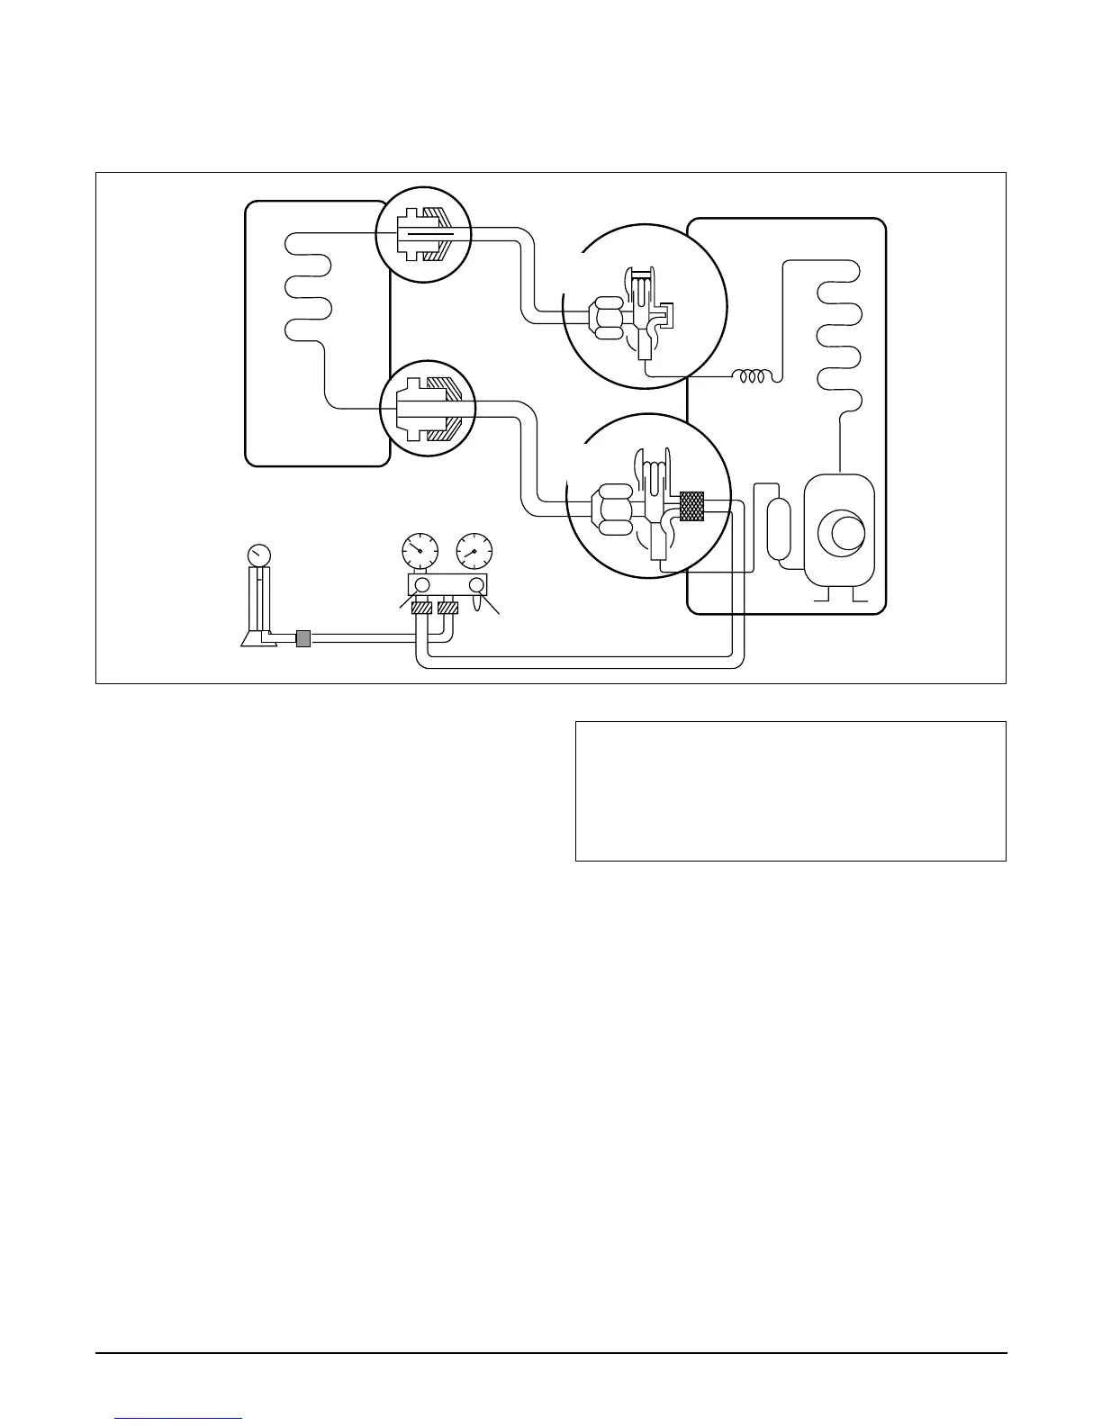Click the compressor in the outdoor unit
pos(838,531)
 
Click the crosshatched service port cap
pos(691,505)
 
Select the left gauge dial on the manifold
pos(418,549)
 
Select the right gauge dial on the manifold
pos(474,549)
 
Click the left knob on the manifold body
pos(421,585)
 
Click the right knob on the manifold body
pos(477,585)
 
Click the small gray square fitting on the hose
pos(303,638)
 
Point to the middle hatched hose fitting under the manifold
pos(447,609)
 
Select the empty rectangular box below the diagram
pos(790,790)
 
